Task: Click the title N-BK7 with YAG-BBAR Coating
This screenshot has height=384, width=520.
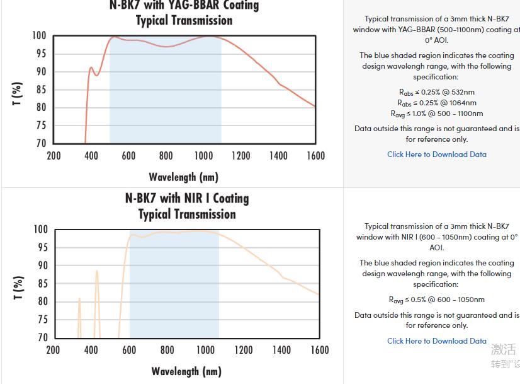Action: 184,6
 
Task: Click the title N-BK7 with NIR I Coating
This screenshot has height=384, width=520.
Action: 187,198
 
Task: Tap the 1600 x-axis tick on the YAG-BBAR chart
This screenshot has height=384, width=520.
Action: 315,156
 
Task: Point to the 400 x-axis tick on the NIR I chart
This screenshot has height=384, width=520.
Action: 91,350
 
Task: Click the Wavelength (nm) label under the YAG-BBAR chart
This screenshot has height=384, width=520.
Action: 183,177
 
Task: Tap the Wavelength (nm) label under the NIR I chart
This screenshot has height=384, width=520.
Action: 186,371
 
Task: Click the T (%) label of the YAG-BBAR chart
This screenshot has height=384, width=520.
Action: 18,93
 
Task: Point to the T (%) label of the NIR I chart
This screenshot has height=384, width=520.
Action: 18,288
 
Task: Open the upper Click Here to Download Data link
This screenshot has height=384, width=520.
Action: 436,154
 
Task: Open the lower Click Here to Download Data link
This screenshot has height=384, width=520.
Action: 436,341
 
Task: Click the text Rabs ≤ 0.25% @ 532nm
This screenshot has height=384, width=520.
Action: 436,92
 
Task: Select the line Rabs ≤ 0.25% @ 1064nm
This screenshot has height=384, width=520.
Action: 436,103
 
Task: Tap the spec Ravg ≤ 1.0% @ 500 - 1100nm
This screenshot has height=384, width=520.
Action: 436,113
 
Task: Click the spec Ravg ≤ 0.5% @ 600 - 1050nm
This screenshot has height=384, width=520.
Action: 436,300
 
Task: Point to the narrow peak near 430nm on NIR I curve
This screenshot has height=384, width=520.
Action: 97,271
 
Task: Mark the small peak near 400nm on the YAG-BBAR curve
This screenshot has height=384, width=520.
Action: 91,67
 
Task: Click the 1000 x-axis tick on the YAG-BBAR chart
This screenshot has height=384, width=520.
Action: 203,156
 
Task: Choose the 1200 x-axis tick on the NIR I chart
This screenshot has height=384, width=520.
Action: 243,350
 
